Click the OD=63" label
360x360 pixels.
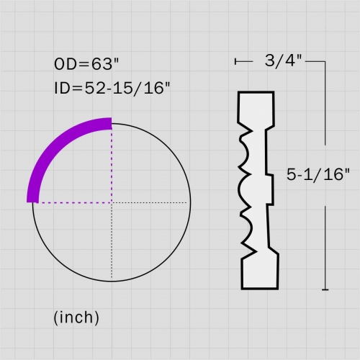click(86, 64)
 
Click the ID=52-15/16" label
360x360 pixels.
click(112, 88)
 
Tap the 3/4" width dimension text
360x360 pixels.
click(283, 60)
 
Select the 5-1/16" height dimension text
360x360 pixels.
click(318, 174)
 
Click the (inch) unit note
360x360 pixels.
click(76, 318)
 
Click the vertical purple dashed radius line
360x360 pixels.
click(112, 166)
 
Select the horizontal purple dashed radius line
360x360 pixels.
click(75, 203)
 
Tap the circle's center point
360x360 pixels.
click(112, 203)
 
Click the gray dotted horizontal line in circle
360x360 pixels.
click(149, 203)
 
